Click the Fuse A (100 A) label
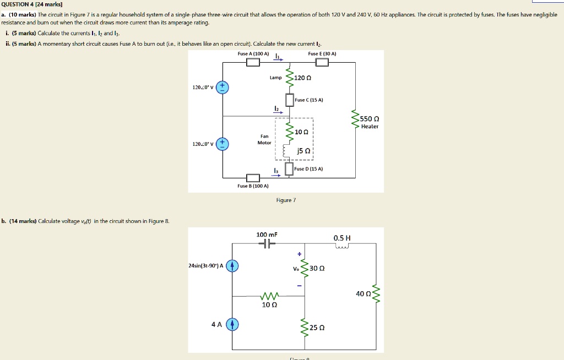[253, 54]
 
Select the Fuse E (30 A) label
[322, 54]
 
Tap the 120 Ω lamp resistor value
[303, 78]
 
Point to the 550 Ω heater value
[369, 119]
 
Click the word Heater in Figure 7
[370, 127]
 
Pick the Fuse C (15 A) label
[308, 100]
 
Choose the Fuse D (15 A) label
[308, 168]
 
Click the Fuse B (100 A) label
[253, 186]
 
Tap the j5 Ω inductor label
[303, 150]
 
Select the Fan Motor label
[264, 139]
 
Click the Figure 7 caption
[286, 200]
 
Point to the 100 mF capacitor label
[267, 234]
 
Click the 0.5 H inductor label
[342, 238]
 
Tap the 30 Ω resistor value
[318, 269]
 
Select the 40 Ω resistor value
[364, 294]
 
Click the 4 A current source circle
[232, 324]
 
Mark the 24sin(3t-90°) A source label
[205, 266]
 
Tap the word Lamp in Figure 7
[275, 78]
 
